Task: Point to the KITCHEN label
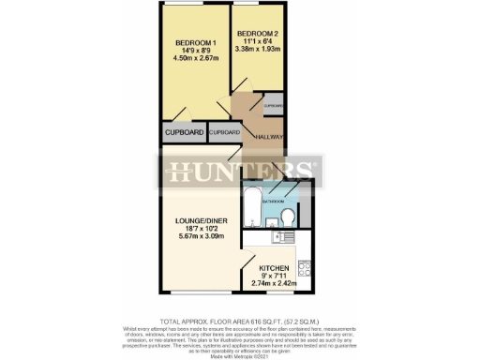275,268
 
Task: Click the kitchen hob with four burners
304,269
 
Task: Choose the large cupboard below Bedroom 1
184,133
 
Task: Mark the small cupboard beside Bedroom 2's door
273,105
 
